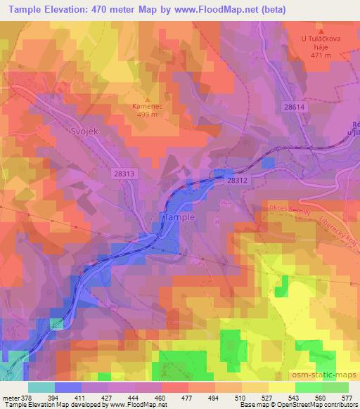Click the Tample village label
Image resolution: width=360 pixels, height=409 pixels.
[x=179, y=218]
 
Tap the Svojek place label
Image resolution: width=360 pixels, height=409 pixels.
[x=67, y=131]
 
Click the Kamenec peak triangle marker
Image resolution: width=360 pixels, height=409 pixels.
[x=147, y=99]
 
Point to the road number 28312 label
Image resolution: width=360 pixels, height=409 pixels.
[x=238, y=180]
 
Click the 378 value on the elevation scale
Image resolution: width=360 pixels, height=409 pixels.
[x=23, y=396]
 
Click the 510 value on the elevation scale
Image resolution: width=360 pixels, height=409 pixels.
[x=238, y=396]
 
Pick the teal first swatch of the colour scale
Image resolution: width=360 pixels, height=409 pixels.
[x=41, y=387]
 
